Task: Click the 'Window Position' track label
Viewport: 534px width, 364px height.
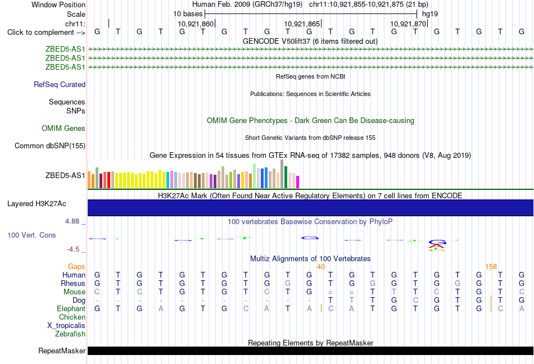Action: (58, 4)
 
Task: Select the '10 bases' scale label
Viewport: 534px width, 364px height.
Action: (188, 14)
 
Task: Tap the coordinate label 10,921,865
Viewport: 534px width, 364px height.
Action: (302, 24)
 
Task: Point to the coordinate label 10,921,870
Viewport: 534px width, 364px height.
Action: (408, 24)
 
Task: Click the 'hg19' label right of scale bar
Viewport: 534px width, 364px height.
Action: (430, 14)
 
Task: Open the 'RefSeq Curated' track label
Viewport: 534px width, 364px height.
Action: (60, 84)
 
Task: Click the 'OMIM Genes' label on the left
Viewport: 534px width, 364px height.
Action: (64, 128)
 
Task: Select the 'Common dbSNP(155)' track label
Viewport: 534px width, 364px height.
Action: (50, 145)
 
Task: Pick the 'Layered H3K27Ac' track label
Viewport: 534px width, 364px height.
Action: (37, 204)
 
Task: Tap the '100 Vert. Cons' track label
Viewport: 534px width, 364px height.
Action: (31, 235)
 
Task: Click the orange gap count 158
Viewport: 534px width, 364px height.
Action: (491, 266)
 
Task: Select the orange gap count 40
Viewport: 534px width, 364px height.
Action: (321, 266)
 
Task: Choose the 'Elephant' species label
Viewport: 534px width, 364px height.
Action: (71, 308)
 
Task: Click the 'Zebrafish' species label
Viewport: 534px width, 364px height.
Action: (70, 334)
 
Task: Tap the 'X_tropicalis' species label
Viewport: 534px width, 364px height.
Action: (66, 326)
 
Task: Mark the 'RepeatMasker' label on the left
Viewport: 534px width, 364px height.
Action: (62, 351)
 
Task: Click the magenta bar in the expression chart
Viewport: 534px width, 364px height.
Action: (298, 182)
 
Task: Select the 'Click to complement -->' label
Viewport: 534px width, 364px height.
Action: (46, 33)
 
